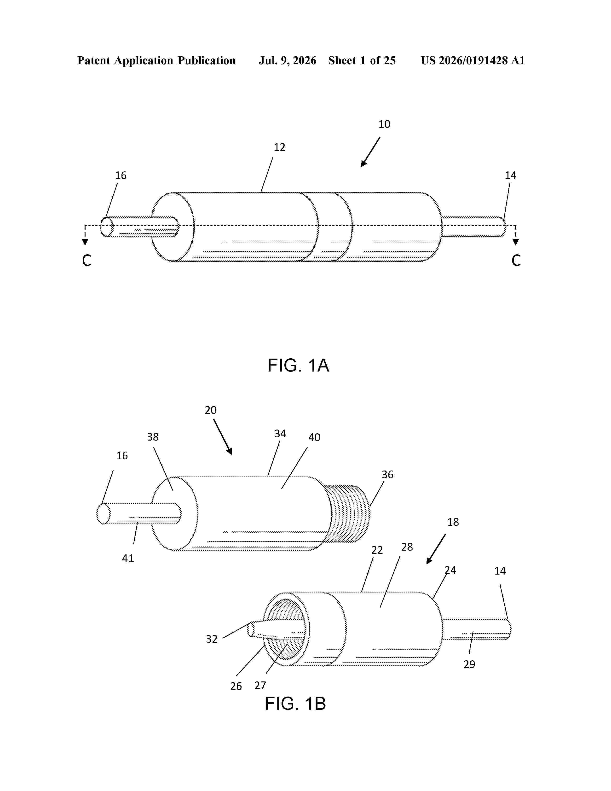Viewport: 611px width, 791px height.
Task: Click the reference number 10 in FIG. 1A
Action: click(384, 124)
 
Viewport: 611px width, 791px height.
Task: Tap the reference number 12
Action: click(279, 147)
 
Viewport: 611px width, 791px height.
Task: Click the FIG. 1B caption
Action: click(295, 703)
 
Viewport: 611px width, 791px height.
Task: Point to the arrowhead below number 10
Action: click(364, 163)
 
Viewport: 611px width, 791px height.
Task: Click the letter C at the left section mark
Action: click(86, 260)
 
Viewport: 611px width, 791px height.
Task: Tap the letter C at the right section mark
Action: click(516, 260)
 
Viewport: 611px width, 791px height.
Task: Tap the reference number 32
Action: click(212, 639)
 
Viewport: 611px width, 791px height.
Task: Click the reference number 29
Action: click(469, 664)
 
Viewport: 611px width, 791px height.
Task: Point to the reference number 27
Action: click(260, 685)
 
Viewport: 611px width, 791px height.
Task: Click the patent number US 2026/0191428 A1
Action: click(473, 60)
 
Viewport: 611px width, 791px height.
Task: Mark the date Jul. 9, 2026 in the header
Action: click(287, 60)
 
